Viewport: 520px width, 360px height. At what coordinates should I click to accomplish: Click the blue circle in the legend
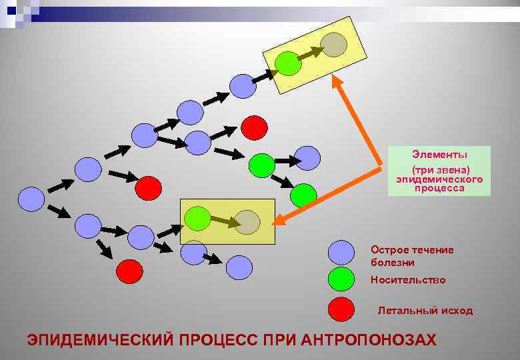(342, 253)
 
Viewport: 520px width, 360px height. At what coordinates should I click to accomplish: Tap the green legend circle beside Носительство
(342, 279)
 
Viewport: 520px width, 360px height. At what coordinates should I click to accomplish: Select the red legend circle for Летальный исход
(342, 310)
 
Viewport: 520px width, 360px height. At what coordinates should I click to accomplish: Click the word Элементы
(439, 155)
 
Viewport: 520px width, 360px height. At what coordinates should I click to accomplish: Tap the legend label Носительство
(408, 280)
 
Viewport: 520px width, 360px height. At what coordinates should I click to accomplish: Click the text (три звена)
(440, 171)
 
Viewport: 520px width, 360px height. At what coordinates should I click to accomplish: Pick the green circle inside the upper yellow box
(288, 63)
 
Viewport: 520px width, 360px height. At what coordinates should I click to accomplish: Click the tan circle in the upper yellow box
(333, 43)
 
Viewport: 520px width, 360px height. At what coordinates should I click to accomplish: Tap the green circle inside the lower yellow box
(197, 218)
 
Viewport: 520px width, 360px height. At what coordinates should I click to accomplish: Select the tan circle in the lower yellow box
(247, 223)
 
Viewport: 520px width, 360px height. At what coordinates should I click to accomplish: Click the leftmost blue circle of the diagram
(31, 198)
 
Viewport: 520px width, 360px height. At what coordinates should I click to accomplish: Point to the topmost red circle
(254, 127)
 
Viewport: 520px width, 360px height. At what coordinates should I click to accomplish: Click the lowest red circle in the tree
(129, 271)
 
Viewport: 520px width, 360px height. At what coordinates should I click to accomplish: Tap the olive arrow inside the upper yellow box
(310, 53)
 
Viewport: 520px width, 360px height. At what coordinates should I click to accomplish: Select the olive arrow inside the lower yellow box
(223, 221)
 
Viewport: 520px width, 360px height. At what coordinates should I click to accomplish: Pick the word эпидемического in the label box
(439, 180)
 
